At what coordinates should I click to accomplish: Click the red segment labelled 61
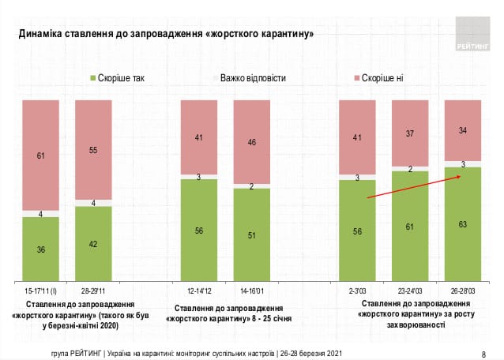pos(40,155)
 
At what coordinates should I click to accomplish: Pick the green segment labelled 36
pos(40,249)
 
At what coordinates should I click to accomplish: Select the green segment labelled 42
pos(93,243)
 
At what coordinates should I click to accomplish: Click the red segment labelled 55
pos(93,149)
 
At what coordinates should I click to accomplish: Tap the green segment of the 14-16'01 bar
pos(251,234)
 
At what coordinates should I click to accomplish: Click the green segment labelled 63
pos(463,224)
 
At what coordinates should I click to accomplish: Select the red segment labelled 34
pos(463,130)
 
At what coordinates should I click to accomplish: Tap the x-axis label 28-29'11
pos(93,290)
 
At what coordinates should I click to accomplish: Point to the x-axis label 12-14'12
pos(198,290)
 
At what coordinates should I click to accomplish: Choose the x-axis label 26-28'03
pos(463,290)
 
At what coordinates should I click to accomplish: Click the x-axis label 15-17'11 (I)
pos(40,290)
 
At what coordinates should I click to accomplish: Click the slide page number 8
pos(483,353)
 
